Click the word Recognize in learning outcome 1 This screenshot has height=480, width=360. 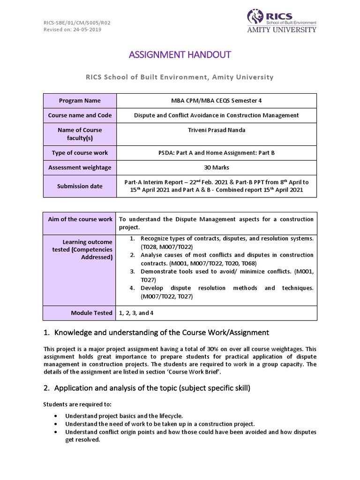coord(156,239)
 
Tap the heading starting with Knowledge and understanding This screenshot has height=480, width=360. coord(162,332)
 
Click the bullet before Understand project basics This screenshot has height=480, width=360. coord(56,416)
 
